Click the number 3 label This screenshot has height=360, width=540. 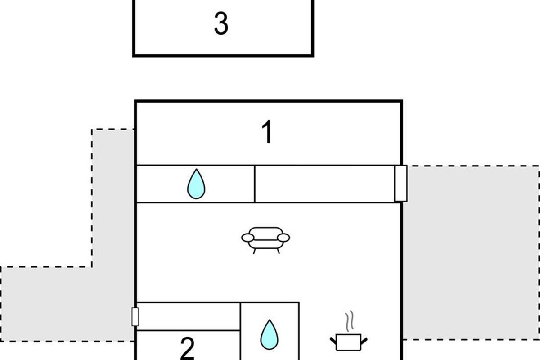tap(220, 24)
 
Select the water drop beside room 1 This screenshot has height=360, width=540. tap(196, 184)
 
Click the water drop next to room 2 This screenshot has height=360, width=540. tap(270, 335)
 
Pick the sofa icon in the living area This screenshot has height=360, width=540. tap(265, 239)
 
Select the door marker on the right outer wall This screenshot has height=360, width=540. tap(400, 183)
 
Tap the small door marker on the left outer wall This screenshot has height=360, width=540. tap(135, 316)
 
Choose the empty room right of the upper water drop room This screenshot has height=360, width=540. tap(324, 184)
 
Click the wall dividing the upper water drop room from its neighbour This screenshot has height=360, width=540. tap(255, 184)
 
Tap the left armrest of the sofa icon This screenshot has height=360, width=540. tap(248, 237)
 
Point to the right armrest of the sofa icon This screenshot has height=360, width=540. tap(283, 237)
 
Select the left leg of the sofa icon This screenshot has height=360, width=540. tap(254, 251)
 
